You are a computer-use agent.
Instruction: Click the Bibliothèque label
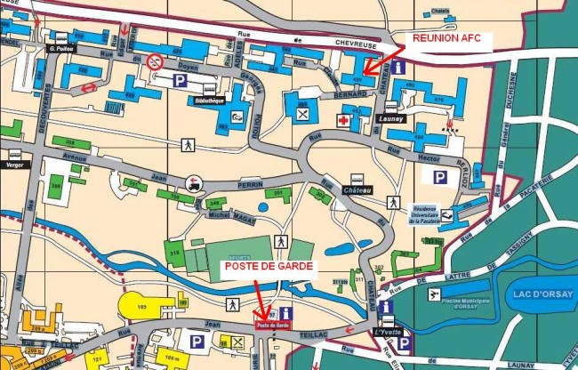(209, 101)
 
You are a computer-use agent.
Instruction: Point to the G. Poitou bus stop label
(60, 49)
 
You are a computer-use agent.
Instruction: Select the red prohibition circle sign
(156, 60)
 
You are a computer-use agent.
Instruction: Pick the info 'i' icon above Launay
(399, 68)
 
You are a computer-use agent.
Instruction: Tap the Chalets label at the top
(437, 12)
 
